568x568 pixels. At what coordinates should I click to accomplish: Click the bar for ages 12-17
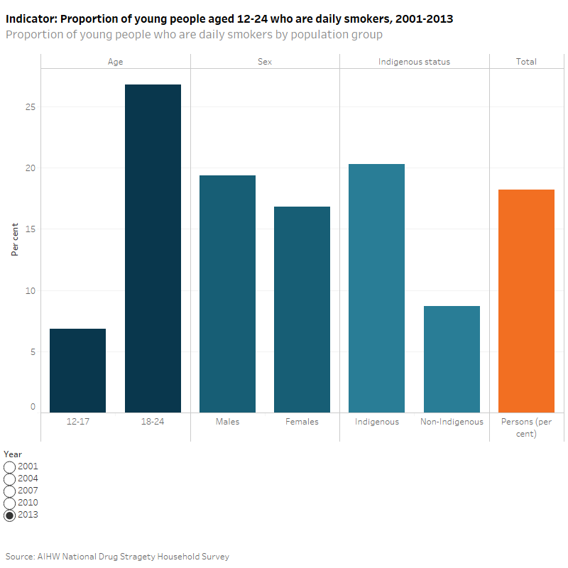pos(77,370)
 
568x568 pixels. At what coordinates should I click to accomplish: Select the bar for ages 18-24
pos(153,248)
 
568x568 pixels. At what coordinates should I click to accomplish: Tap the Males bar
pos(227,293)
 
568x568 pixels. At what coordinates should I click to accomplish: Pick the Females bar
pos(302,309)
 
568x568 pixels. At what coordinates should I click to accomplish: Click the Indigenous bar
pos(377,288)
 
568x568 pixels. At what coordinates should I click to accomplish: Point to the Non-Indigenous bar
pos(452,359)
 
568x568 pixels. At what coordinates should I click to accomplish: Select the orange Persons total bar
pos(526,300)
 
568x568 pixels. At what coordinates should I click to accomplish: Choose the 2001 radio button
pos(10,467)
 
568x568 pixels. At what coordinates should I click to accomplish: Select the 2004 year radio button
pos(10,479)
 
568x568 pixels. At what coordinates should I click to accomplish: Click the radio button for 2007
pos(10,491)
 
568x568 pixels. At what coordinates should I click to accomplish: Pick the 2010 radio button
pos(10,503)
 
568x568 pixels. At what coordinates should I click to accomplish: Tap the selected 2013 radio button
pos(10,515)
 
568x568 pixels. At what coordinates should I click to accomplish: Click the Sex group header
pos(265,62)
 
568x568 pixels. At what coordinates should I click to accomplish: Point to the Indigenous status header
pos(414,62)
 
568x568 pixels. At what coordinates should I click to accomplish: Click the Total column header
pos(526,62)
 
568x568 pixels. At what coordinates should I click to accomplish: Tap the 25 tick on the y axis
pos(31,107)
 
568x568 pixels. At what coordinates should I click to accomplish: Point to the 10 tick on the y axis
pos(31,290)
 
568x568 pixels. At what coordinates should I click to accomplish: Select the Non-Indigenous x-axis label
pos(452,422)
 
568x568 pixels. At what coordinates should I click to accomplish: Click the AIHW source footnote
pos(117,557)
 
